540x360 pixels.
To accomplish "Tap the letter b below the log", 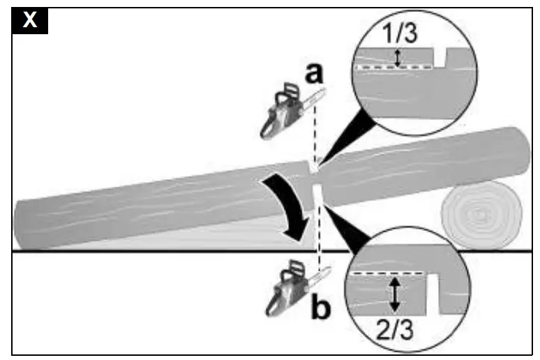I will coord(320,307).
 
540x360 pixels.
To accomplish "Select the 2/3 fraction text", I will coord(395,328).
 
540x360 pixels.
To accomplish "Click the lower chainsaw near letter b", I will coord(286,290).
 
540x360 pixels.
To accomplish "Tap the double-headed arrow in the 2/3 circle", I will coord(395,294).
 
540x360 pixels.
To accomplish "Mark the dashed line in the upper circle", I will coord(391,68).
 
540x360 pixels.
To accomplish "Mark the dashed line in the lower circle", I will coord(387,275).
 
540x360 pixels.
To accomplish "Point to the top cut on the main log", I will coord(315,166).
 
